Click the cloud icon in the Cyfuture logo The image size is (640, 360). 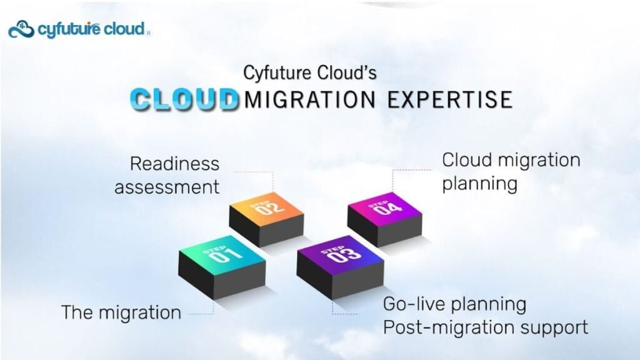tap(21, 30)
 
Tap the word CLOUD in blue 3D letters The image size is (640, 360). tap(184, 99)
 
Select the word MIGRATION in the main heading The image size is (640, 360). tap(310, 99)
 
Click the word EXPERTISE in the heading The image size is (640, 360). tap(450, 99)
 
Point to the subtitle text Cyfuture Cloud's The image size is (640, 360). tap(310, 72)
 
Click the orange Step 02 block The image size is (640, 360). tap(266, 219)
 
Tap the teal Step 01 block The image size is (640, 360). tap(222, 266)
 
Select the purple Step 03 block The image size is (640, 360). tap(341, 266)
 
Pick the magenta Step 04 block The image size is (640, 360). tap(384, 219)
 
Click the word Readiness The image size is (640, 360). tap(175, 164)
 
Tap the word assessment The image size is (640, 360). tap(167, 187)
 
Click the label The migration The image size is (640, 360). tap(121, 312)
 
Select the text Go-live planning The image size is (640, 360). tap(455, 304)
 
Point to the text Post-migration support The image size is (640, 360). tap(486, 327)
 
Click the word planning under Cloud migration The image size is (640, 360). tap(479, 184)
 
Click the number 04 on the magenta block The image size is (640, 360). tap(387, 209)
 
